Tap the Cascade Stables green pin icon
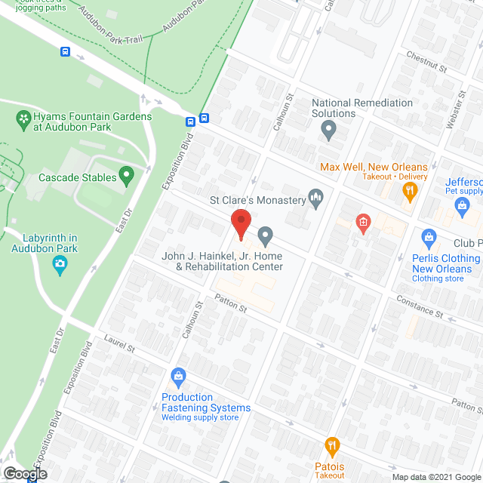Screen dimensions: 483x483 (127, 177)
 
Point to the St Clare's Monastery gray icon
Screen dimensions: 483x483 (317, 200)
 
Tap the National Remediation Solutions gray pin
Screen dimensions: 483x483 (328, 131)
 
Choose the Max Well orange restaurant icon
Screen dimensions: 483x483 (411, 192)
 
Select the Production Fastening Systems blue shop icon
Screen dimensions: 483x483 (179, 375)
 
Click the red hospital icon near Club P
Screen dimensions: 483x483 (363, 223)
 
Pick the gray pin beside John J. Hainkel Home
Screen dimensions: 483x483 (265, 236)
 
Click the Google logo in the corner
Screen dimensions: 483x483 (24, 474)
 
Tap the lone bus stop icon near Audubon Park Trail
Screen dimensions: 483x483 (66, 52)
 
